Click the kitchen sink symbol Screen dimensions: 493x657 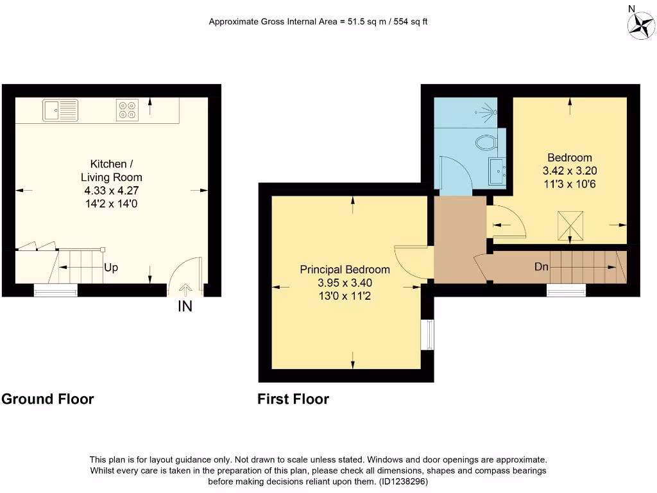[x=61, y=110]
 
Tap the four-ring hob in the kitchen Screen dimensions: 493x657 [x=127, y=110]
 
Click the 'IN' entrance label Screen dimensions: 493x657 [x=185, y=307]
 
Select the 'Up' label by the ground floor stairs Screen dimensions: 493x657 [x=111, y=268]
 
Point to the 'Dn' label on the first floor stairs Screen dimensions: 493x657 [x=541, y=266]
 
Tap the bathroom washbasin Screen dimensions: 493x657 [x=497, y=170]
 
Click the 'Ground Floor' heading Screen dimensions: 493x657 [x=47, y=399]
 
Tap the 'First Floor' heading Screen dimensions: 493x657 [x=293, y=399]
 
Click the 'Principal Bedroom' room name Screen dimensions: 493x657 [x=345, y=270]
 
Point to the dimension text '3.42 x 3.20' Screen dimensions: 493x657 [x=570, y=171]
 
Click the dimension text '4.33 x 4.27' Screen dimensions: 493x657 [x=111, y=190]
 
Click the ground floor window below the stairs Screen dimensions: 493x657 [x=56, y=291]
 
